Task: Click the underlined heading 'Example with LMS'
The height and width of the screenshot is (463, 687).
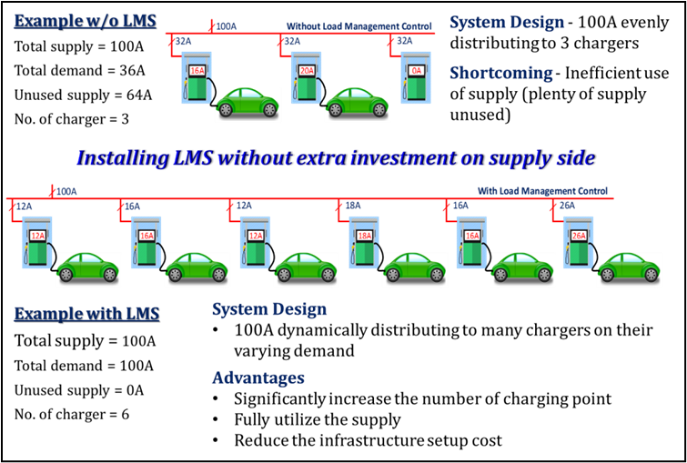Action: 86,314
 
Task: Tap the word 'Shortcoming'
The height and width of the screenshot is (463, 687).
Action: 500,73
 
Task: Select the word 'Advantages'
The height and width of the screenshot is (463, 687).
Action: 258,377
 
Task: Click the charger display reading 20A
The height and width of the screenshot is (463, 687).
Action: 307,70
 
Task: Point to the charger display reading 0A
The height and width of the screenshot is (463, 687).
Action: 417,70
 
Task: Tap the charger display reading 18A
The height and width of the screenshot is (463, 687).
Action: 364,236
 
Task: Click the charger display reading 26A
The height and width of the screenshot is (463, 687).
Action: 579,236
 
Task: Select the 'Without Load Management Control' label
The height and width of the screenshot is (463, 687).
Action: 359,26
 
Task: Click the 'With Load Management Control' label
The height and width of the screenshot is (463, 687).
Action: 542,191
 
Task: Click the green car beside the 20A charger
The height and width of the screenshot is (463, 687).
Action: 358,104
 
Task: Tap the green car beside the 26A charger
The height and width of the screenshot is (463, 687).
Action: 630,269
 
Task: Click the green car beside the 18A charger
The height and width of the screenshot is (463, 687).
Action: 415,269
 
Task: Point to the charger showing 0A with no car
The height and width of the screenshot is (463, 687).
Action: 416,77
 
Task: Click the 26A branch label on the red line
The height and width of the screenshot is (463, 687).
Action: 567,206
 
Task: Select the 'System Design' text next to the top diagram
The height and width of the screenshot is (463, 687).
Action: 507,22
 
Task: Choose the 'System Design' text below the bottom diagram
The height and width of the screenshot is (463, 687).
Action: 269,309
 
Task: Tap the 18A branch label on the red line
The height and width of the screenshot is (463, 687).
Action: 352,206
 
